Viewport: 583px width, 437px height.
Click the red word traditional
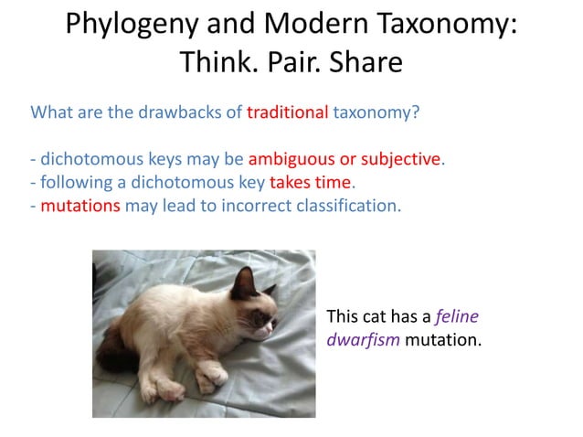[287, 113]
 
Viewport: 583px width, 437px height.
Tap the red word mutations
[80, 205]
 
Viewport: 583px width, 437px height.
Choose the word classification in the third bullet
[347, 205]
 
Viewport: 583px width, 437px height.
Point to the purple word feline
[457, 317]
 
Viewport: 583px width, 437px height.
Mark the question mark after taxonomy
[417, 113]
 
